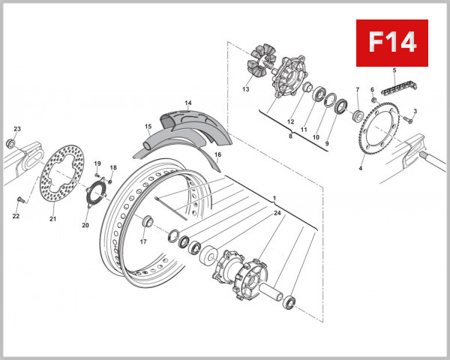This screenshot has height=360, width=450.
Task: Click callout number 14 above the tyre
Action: pos(188,103)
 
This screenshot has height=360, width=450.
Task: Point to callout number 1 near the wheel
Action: pos(275,198)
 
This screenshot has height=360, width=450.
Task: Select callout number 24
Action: pos(277,214)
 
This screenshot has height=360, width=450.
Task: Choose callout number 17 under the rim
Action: pos(142,241)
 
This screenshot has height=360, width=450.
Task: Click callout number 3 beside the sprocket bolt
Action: pos(415,111)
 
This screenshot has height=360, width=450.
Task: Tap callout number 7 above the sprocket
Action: pos(358,89)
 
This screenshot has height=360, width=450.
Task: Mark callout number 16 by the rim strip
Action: pos(217,154)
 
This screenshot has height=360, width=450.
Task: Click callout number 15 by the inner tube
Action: pos(148,127)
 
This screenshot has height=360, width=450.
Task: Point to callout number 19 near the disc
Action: pos(97,163)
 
